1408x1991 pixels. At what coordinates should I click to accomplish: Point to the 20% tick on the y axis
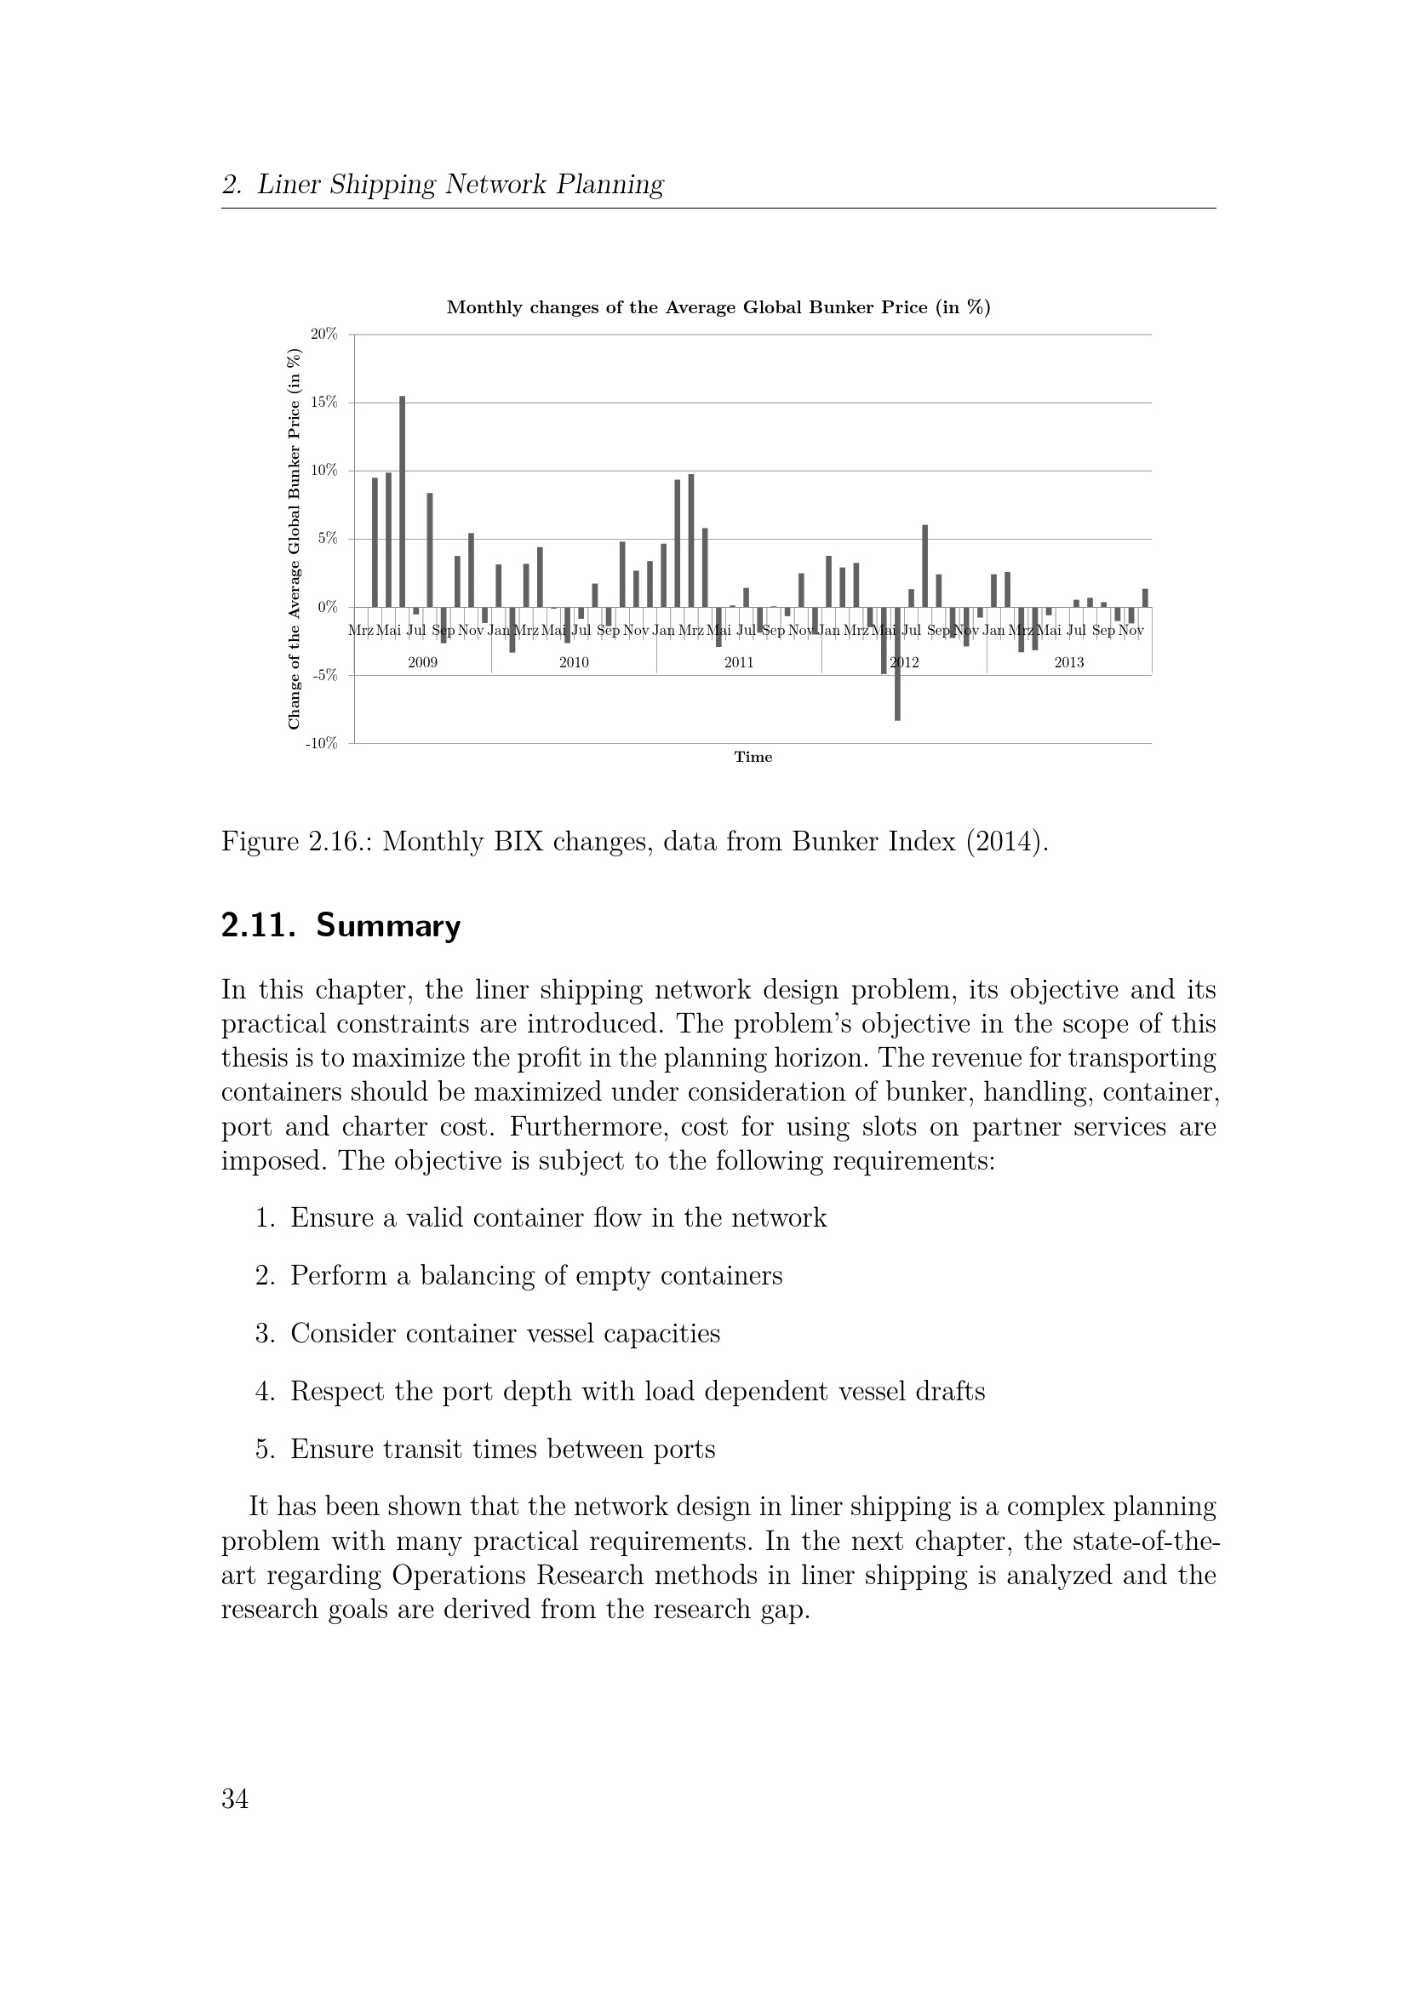(x=324, y=334)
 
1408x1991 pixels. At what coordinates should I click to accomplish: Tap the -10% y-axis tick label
(x=321, y=743)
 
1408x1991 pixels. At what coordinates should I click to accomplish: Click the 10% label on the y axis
(x=324, y=470)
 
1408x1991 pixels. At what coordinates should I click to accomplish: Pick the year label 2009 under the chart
(x=422, y=662)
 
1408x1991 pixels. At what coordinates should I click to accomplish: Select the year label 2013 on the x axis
(x=1069, y=662)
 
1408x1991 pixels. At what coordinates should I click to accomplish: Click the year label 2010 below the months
(x=574, y=662)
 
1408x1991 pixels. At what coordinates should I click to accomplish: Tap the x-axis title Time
(x=753, y=757)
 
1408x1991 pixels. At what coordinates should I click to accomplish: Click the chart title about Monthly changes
(x=718, y=308)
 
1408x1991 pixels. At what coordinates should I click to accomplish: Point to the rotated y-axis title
(x=294, y=539)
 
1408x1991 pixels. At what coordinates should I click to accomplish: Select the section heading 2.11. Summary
(x=341, y=926)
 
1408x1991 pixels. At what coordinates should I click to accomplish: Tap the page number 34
(x=235, y=1799)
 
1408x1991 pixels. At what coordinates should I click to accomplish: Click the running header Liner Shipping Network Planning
(x=460, y=185)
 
